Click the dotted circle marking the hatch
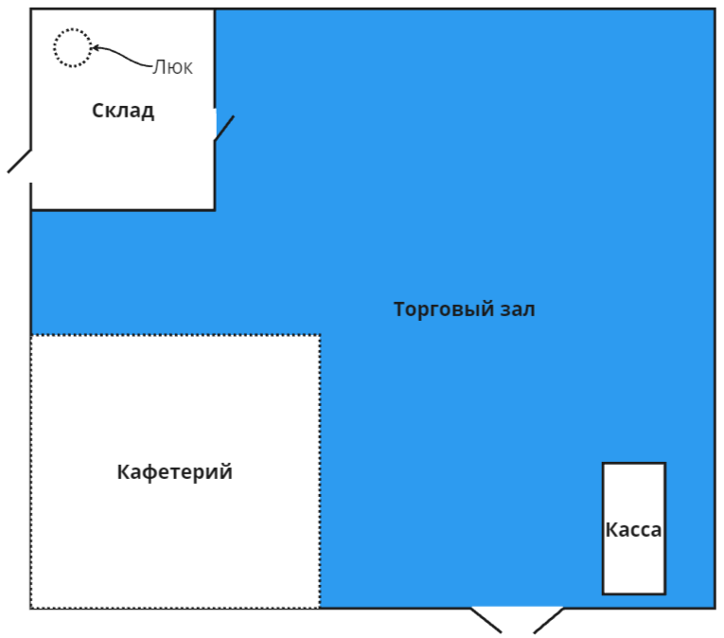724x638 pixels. pos(72,47)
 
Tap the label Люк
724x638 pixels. pos(173,67)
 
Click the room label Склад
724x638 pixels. pos(123,111)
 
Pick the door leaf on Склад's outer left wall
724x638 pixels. pos(20,161)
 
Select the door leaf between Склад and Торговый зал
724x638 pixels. pos(223,129)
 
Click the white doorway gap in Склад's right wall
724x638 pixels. pos(216,123)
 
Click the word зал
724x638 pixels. pos(518,310)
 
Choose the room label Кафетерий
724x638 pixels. pos(174,472)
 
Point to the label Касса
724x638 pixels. pos(633,530)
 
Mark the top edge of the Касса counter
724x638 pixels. pos(634,464)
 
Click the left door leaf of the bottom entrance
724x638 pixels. pos(486,620)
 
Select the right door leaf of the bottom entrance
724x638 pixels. pos(549,620)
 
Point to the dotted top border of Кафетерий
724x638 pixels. pos(175,335)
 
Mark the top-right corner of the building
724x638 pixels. pos(714,10)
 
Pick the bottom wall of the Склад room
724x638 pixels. pos(123,209)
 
